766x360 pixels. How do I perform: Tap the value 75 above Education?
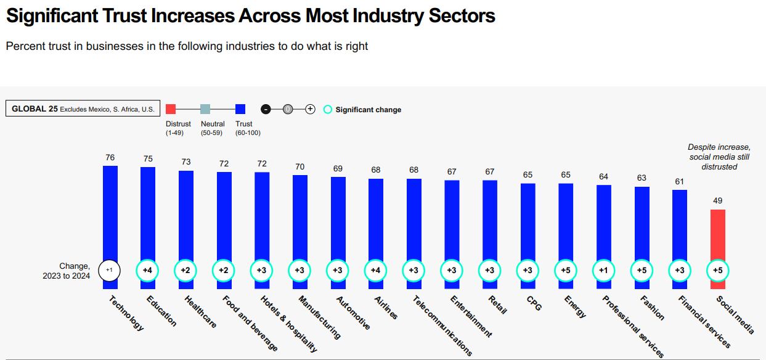coord(148,159)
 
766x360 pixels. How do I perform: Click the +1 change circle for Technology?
coord(110,270)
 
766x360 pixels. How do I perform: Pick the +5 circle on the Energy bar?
coord(566,270)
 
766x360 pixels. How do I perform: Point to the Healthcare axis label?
coord(200,312)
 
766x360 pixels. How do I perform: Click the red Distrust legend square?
coord(171,109)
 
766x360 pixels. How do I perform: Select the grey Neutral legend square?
coord(205,109)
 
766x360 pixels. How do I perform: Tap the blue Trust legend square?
coord(240,109)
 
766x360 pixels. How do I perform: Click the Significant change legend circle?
coord(328,110)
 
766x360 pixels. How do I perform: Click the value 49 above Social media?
coord(717,200)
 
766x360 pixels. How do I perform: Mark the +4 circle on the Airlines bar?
coord(376,270)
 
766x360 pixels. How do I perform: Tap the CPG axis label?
coord(533,303)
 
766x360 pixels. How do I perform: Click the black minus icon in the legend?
coord(266,109)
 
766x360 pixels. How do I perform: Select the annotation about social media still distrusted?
coord(719,157)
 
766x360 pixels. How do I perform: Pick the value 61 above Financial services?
coord(679,181)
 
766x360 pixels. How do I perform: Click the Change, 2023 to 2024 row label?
coord(67,271)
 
